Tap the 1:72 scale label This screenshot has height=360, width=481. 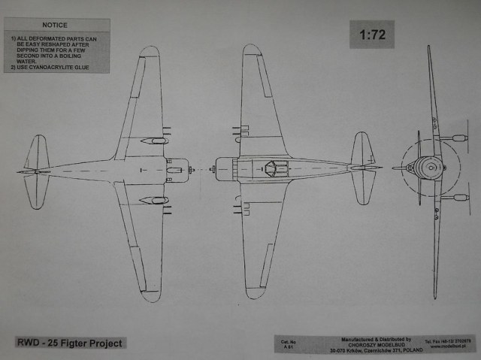371,35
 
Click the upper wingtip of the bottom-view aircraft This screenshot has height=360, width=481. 150,53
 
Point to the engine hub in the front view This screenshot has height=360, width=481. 434,168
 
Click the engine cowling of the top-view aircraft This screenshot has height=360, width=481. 225,168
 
